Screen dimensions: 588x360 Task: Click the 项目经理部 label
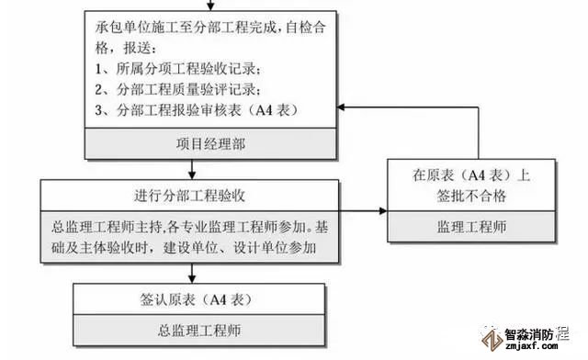pyautogui.click(x=210, y=144)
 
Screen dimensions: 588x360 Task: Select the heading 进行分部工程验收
pyautogui.click(x=190, y=196)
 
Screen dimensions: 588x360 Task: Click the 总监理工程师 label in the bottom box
pyautogui.click(x=199, y=331)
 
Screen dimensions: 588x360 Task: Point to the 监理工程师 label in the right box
pyautogui.click(x=471, y=227)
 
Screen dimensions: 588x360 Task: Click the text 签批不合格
pyautogui.click(x=471, y=196)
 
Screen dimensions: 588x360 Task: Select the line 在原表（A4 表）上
pyautogui.click(x=471, y=175)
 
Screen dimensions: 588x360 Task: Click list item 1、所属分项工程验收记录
pyautogui.click(x=177, y=69)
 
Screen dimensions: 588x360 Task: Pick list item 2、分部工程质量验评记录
pyautogui.click(x=177, y=89)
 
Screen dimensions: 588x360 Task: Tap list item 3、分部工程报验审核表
pyautogui.click(x=197, y=110)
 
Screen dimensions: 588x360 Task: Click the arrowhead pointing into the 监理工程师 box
pyautogui.click(x=383, y=210)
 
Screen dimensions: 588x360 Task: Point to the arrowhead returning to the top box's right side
pyautogui.click(x=341, y=107)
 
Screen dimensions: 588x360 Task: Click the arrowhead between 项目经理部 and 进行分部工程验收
pyautogui.click(x=192, y=175)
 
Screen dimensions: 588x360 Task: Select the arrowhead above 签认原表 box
pyautogui.click(x=192, y=279)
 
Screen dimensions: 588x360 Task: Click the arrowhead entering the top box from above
pyautogui.click(x=210, y=6)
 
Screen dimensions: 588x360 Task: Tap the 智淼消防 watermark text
pyautogui.click(x=529, y=334)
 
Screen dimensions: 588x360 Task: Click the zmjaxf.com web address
pyautogui.click(x=531, y=346)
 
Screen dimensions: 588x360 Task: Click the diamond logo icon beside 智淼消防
pyautogui.click(x=492, y=340)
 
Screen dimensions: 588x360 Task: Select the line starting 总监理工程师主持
pyautogui.click(x=190, y=227)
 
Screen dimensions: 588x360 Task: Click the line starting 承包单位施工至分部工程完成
pyautogui.click(x=210, y=28)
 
